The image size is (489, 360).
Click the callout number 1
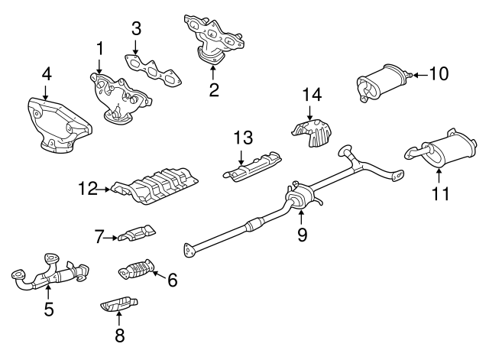[x=99, y=49]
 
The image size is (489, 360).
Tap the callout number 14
[x=312, y=95]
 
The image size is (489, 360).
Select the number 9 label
[x=302, y=235]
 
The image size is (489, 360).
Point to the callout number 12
[x=88, y=189]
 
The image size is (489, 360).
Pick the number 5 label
[x=49, y=309]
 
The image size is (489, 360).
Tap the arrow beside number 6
[x=160, y=275]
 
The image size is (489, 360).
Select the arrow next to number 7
[x=111, y=238]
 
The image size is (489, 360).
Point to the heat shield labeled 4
[x=60, y=125]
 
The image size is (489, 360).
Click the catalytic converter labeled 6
[x=137, y=269]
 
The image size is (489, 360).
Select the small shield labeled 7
[x=137, y=233]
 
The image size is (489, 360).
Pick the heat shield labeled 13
[x=252, y=167]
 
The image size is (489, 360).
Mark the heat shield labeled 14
[x=312, y=133]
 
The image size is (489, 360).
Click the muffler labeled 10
[x=383, y=83]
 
